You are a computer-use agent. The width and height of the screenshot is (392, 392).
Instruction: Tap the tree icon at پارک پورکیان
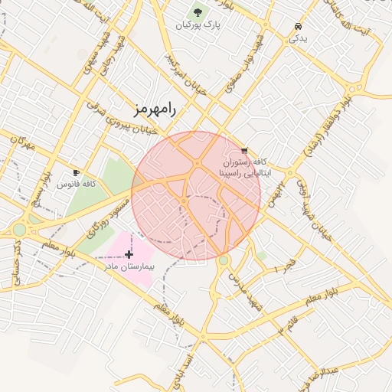point(198,12)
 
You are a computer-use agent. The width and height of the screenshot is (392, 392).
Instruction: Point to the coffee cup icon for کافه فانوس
point(76,172)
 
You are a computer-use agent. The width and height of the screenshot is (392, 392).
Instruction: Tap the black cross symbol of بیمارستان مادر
point(128,253)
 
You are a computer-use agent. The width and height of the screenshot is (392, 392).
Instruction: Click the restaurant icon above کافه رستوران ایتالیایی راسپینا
point(244,151)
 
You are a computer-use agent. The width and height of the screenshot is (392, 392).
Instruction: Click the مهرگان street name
point(25,143)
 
